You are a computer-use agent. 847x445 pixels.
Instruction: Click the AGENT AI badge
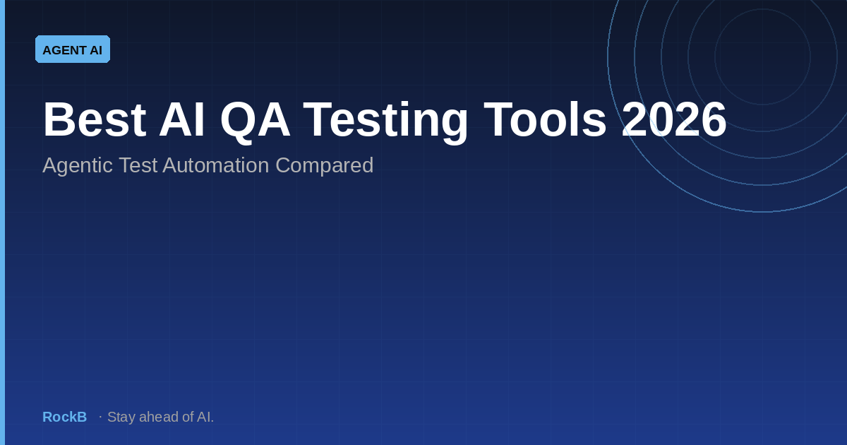(x=73, y=49)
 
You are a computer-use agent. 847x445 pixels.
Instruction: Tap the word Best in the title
(x=95, y=119)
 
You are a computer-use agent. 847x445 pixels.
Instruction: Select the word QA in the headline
(x=256, y=121)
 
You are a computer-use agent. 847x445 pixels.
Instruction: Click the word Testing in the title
(x=385, y=121)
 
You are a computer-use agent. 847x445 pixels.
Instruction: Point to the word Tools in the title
(x=545, y=119)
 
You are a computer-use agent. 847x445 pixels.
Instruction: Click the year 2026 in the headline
(x=674, y=119)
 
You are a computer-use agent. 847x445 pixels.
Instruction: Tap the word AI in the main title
(x=182, y=119)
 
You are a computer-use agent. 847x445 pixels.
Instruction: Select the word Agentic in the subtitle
(x=78, y=166)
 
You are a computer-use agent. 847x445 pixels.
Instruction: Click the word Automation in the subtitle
(x=215, y=165)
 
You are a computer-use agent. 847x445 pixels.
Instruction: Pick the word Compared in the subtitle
(x=325, y=166)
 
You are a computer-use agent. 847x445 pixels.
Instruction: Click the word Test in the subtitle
(x=138, y=165)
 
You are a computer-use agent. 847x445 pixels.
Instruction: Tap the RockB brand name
(x=65, y=417)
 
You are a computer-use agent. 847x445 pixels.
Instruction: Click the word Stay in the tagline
(x=121, y=417)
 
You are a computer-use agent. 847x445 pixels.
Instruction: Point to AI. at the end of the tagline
(x=205, y=417)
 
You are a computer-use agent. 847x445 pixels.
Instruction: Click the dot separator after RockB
(x=100, y=417)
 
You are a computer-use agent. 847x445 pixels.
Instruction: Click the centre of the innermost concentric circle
(x=763, y=57)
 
